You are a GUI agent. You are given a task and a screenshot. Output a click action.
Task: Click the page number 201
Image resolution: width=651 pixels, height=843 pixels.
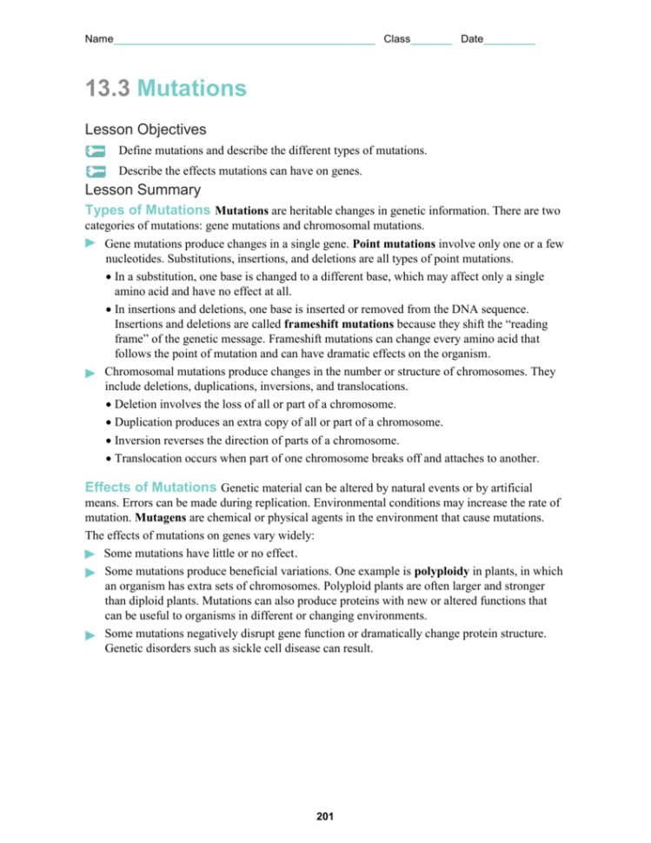(325, 816)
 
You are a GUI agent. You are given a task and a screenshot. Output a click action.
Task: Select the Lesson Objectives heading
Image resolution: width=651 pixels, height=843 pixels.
(145, 129)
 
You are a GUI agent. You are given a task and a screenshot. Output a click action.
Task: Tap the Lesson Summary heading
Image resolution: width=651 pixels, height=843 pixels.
(143, 189)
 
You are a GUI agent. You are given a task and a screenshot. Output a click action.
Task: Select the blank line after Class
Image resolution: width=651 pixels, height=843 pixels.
(431, 41)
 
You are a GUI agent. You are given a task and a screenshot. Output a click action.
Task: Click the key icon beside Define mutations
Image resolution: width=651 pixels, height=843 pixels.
(96, 151)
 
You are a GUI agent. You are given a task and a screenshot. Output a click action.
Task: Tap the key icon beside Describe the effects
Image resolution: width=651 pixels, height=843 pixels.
(96, 172)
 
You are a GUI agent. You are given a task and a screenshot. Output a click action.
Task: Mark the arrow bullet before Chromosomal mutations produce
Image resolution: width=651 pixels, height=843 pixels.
(90, 372)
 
